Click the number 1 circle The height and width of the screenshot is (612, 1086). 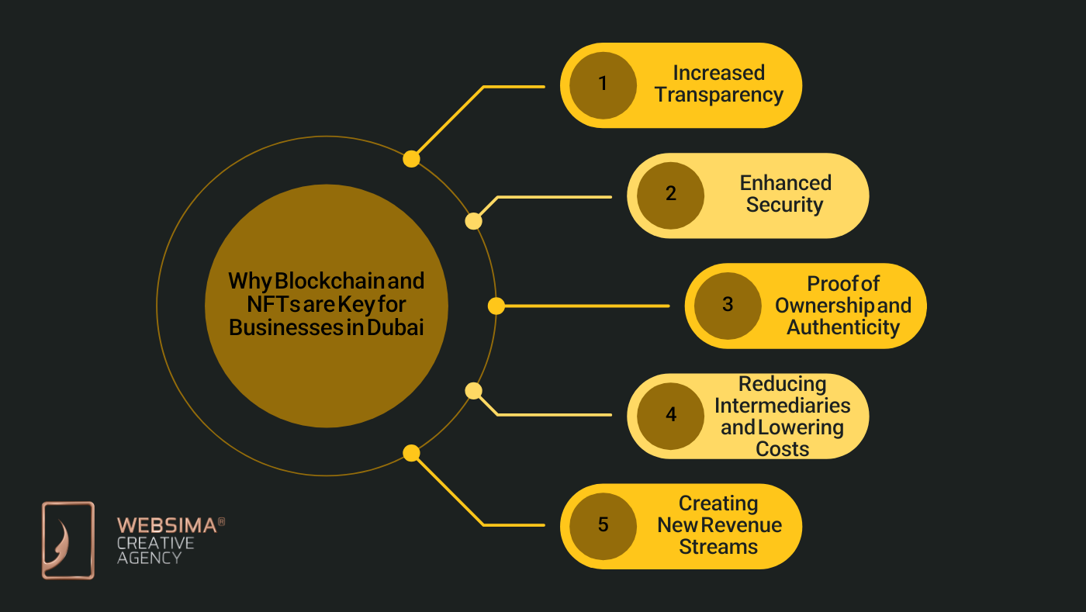click(603, 85)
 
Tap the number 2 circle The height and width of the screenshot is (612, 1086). click(670, 195)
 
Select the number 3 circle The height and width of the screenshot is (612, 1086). click(727, 305)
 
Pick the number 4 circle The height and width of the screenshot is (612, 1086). click(670, 415)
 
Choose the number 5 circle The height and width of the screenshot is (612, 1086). click(603, 525)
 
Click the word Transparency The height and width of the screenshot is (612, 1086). click(718, 95)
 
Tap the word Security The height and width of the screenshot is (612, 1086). click(784, 206)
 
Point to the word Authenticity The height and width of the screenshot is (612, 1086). click(842, 327)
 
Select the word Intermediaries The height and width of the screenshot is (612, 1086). click(782, 405)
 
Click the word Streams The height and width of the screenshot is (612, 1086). click(718, 547)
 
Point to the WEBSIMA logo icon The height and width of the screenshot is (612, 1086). click(68, 540)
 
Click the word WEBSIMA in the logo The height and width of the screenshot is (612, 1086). click(166, 526)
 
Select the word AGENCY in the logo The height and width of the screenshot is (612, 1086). click(149, 557)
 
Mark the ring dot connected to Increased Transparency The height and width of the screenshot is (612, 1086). click(411, 159)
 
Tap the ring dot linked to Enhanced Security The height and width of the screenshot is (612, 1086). click(473, 221)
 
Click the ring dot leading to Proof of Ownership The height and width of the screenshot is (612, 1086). click(496, 306)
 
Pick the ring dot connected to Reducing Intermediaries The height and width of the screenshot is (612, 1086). click(473, 391)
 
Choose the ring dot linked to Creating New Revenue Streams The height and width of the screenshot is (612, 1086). click(411, 453)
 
